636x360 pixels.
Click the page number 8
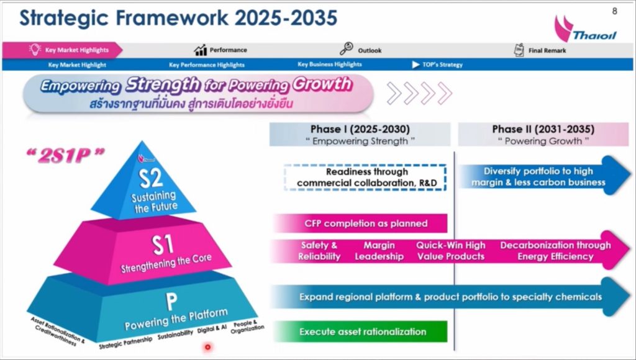click(614, 11)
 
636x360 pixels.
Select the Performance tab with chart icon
click(220, 50)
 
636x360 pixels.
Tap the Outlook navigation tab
click(361, 50)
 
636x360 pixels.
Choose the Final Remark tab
click(540, 50)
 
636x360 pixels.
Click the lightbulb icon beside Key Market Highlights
click(35, 50)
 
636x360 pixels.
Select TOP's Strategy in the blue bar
click(437, 65)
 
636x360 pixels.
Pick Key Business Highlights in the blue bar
click(329, 64)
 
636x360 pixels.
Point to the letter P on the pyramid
click(171, 301)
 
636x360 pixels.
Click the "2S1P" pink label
click(65, 155)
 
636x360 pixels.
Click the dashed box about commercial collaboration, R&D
click(365, 177)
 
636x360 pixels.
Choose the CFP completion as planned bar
click(361, 223)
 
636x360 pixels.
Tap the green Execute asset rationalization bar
click(361, 331)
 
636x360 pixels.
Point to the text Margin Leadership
click(379, 251)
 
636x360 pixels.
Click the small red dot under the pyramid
click(207, 347)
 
